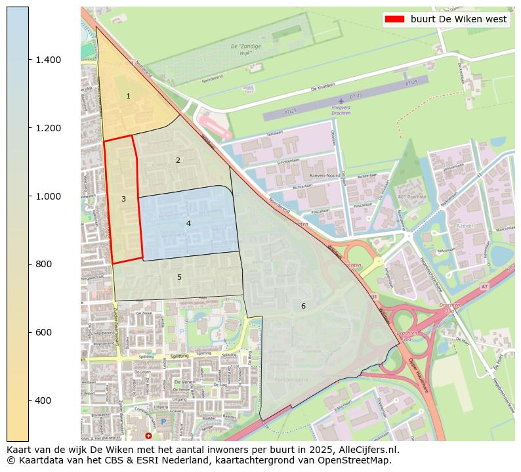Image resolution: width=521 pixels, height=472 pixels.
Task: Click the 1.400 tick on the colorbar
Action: tap(29, 60)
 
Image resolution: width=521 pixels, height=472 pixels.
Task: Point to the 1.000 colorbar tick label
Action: tap(48, 196)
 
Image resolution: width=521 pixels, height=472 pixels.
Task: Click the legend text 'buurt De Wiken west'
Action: tap(459, 19)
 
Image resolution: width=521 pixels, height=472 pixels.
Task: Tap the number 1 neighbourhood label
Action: tap(128, 97)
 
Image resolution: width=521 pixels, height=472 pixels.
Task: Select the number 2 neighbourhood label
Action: tap(178, 160)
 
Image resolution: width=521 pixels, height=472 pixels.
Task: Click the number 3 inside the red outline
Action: tap(123, 199)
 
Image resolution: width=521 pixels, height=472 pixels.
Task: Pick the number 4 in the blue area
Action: tap(188, 224)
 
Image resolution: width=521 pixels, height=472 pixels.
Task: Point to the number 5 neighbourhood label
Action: tap(179, 277)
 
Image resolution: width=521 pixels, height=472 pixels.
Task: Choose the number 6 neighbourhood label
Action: tap(303, 306)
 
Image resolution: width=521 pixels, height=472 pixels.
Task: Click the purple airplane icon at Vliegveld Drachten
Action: tap(341, 100)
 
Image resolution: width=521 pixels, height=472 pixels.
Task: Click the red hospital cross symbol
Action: tap(148, 435)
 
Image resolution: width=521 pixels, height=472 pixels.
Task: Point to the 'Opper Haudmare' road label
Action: tap(419, 377)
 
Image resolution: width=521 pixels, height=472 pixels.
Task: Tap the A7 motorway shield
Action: tap(484, 287)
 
